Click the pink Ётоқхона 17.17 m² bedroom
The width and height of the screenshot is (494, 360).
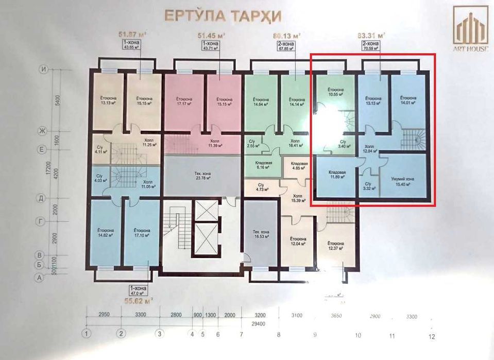[184, 101]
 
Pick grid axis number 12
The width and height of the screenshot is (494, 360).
[431, 336]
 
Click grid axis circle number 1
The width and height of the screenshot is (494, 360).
[89, 333]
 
